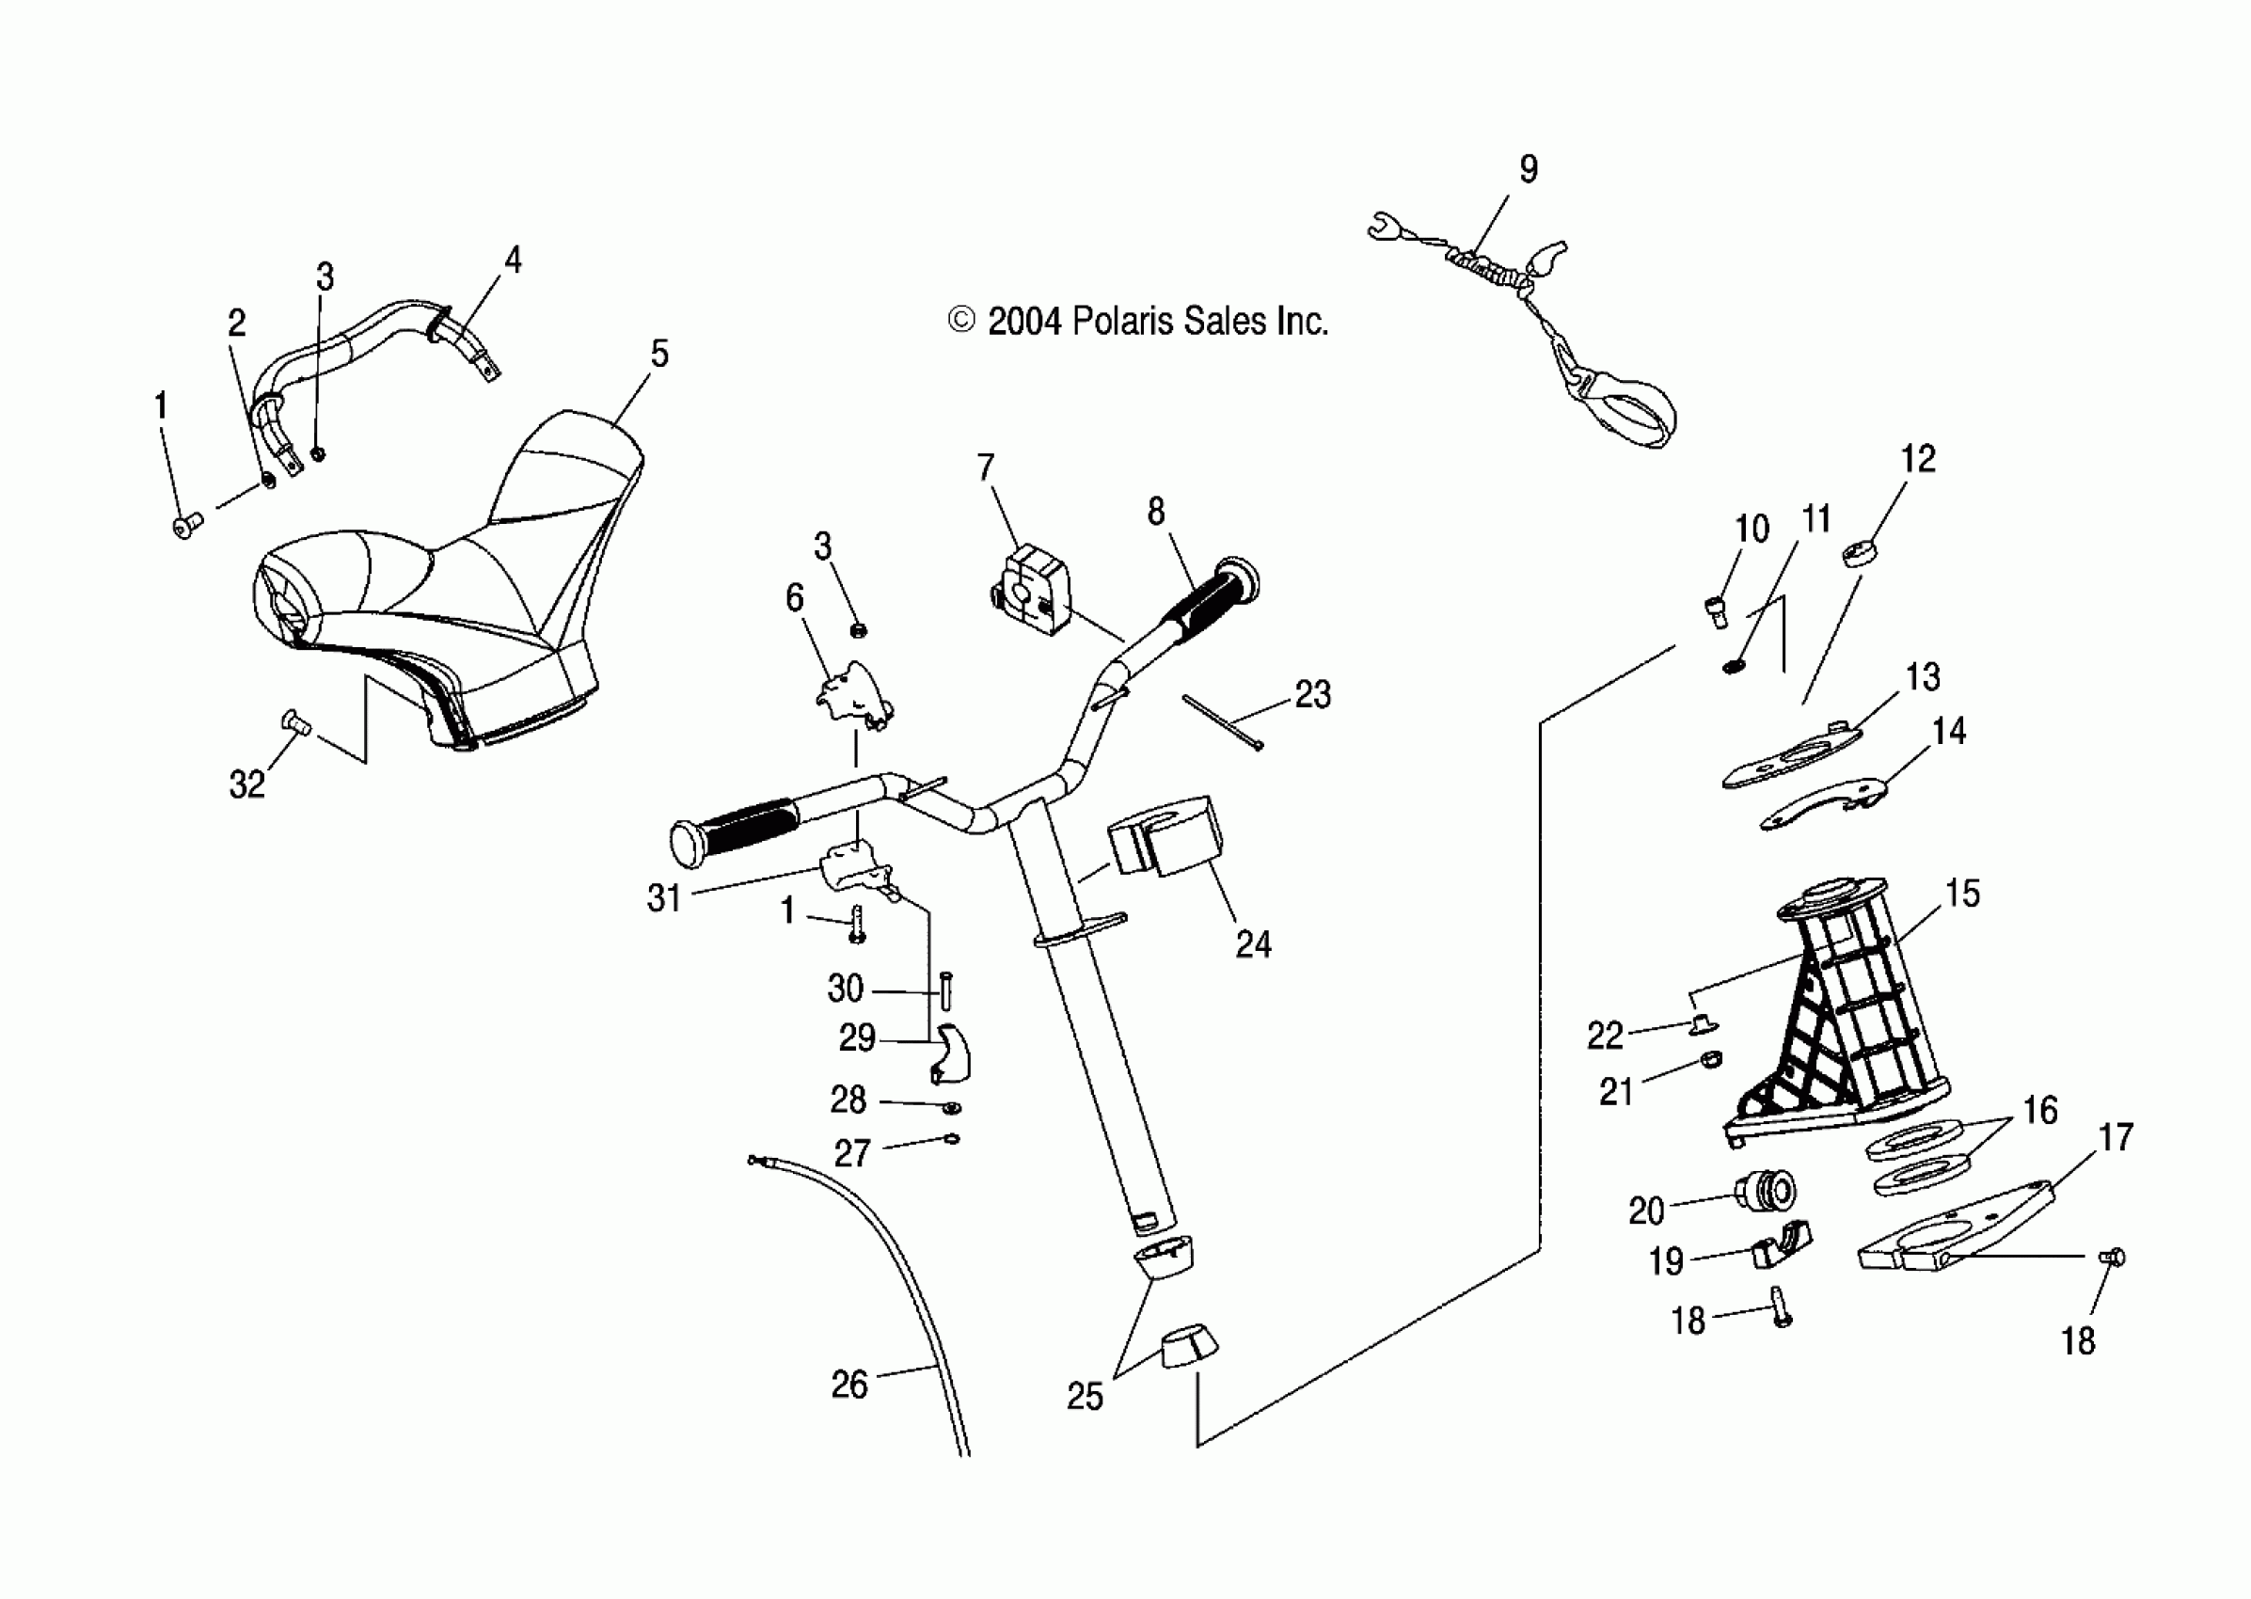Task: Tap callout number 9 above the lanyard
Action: pos(1529,169)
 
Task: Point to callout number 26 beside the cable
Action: pos(848,1385)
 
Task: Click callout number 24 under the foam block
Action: pos(1253,944)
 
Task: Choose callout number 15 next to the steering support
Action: pos(1961,893)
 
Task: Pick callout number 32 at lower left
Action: pos(246,784)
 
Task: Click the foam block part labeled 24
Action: pos(1165,835)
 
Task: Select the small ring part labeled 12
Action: pos(1856,553)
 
